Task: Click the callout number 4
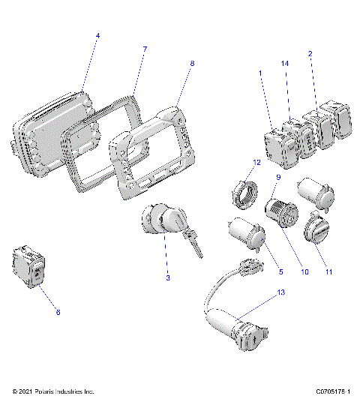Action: tap(97, 36)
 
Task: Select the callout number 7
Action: tap(145, 49)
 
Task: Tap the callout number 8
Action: tap(192, 64)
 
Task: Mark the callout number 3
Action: tap(168, 278)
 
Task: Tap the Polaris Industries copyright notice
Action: tap(53, 392)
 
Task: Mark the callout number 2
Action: tap(310, 54)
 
